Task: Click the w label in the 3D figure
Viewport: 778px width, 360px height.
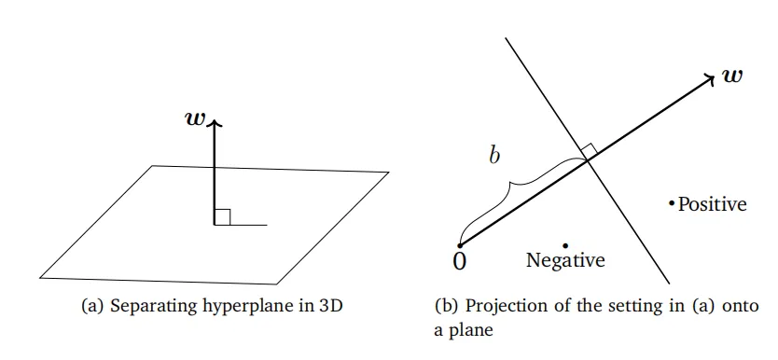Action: [x=194, y=118]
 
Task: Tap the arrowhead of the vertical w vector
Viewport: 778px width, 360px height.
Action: [x=215, y=123]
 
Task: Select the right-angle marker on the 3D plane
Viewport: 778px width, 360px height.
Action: [x=222, y=217]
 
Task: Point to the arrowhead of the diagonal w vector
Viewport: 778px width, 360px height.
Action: [x=708, y=77]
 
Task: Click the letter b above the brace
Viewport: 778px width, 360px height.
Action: [x=494, y=155]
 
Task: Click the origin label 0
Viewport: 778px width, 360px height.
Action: [x=460, y=261]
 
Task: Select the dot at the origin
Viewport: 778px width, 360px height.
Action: [x=460, y=245]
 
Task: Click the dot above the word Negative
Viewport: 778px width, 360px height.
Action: [x=565, y=245]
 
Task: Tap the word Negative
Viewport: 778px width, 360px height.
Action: [x=565, y=260]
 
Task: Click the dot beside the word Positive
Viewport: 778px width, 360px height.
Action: [x=672, y=202]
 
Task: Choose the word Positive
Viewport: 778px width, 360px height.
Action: [x=712, y=204]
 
